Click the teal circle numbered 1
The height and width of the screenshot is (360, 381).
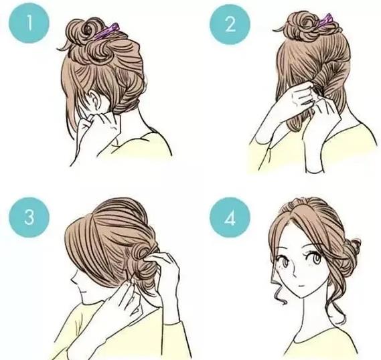point(29,23)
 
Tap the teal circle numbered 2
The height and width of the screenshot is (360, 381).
point(230,24)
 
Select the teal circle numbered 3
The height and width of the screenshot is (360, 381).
point(29,217)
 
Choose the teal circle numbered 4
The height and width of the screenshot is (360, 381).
point(230,217)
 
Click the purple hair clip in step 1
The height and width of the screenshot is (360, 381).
point(106,31)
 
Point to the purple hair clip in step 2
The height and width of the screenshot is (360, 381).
point(325,20)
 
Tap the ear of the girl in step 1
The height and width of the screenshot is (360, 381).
point(96,100)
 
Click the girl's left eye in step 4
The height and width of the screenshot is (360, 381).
point(317,259)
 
